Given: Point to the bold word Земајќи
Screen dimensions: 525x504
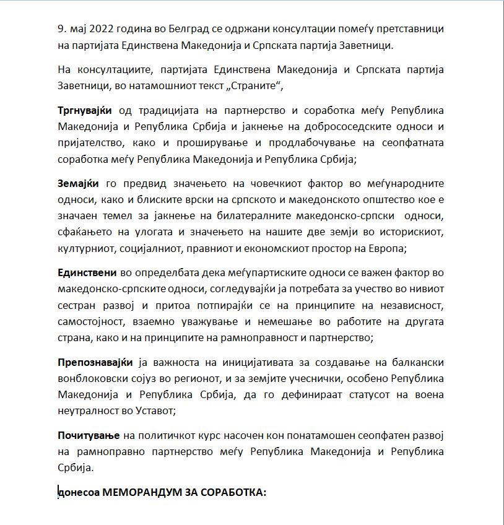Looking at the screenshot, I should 77,184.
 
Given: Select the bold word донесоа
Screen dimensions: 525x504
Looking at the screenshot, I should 77,493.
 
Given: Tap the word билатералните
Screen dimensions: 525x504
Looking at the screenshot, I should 276,216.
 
